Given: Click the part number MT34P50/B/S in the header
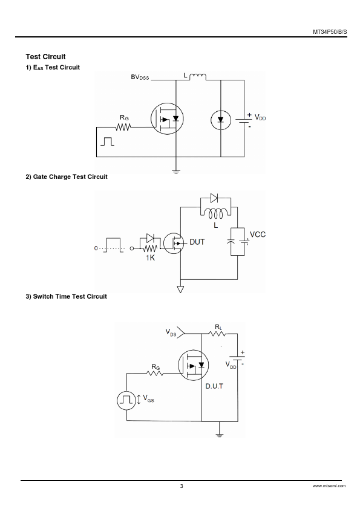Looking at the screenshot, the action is (x=330, y=32).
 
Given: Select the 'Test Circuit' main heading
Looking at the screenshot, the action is (x=45, y=57).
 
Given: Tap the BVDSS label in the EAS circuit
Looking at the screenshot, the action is (x=140, y=77).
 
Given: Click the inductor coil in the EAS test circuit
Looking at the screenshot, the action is (x=197, y=77).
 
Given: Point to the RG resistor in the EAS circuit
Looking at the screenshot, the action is (x=123, y=127).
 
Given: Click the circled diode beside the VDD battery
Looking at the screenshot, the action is (x=221, y=120).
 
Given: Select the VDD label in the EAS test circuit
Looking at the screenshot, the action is (x=260, y=117).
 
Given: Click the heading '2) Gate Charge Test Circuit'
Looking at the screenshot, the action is (x=67, y=177).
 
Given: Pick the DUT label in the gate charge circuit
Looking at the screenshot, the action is (x=197, y=242).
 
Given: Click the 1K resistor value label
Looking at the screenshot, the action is (x=150, y=258).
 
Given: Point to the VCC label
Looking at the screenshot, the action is (x=257, y=235).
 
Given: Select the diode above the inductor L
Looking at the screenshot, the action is (x=214, y=198).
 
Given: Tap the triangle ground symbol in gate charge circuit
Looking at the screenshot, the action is (x=180, y=289).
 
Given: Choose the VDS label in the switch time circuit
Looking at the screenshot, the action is (x=171, y=332).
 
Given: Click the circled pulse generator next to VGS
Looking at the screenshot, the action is (x=126, y=400).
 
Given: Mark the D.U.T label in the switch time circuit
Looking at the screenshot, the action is (x=214, y=386).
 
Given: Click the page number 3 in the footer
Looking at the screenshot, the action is (x=182, y=486).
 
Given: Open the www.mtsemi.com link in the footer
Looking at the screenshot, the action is (x=329, y=486).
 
